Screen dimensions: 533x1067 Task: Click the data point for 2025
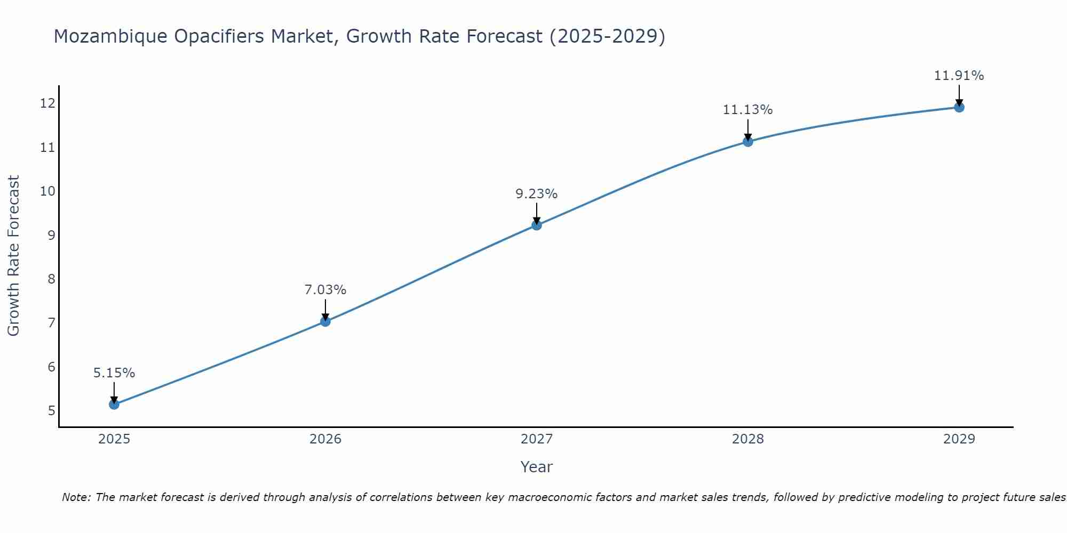pos(114,405)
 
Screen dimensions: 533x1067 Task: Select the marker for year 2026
pos(325,321)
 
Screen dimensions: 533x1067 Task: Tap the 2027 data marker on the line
pos(537,225)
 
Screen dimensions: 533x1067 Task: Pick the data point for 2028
pos(748,141)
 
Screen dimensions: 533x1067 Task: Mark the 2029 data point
pos(959,107)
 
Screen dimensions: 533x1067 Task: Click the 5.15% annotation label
pos(114,373)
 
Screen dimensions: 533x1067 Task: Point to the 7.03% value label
pos(325,290)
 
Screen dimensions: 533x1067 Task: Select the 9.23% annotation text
pos(537,194)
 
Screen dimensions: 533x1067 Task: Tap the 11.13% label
pos(748,110)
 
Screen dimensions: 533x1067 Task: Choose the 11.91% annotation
pos(959,76)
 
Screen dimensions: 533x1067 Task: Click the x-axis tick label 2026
pos(325,439)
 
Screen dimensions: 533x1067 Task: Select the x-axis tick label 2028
pos(748,439)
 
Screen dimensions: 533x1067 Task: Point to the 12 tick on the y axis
pos(47,103)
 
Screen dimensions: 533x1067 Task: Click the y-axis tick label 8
pos(51,279)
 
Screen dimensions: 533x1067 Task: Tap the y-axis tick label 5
pos(51,411)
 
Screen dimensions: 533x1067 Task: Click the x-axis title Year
pos(537,467)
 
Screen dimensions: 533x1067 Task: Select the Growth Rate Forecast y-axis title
pos(14,256)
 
